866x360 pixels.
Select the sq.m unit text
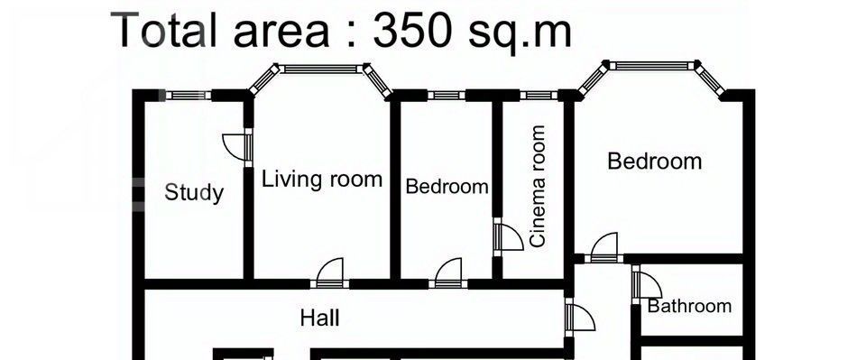(521, 34)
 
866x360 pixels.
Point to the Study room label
(194, 193)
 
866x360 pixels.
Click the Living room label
(321, 180)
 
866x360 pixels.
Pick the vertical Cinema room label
(538, 186)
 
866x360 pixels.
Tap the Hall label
(319, 318)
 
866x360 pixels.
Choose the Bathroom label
(689, 306)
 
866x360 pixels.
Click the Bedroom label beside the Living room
(447, 187)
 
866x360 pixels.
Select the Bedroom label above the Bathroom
(655, 162)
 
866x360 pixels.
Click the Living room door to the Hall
(330, 273)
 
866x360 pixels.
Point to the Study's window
(189, 95)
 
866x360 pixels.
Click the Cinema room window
(539, 95)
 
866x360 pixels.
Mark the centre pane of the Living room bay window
(321, 69)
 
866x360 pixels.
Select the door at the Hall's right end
(579, 317)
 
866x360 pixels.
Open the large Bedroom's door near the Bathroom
(603, 248)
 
